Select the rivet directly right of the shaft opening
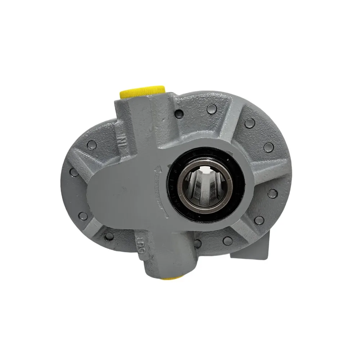(x=272, y=193)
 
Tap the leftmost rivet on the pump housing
(x=74, y=172)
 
